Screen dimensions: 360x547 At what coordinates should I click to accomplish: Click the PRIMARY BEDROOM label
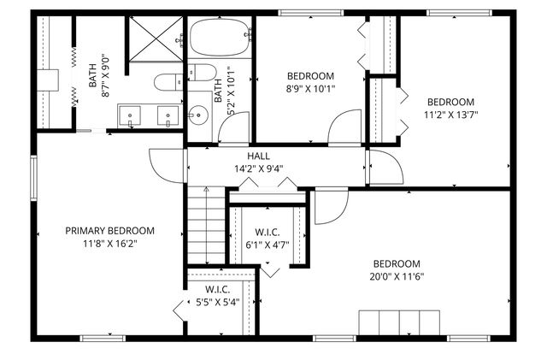110,230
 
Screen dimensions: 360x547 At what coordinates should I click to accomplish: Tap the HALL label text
259,156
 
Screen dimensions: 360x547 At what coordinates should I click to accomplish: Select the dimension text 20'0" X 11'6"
397,276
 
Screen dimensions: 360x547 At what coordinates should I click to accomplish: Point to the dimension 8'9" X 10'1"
310,87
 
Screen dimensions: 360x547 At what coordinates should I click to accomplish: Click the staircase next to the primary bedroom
198,227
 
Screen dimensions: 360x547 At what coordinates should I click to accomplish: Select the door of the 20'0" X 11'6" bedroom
329,207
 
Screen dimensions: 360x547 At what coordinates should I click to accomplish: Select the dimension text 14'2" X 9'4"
258,168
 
